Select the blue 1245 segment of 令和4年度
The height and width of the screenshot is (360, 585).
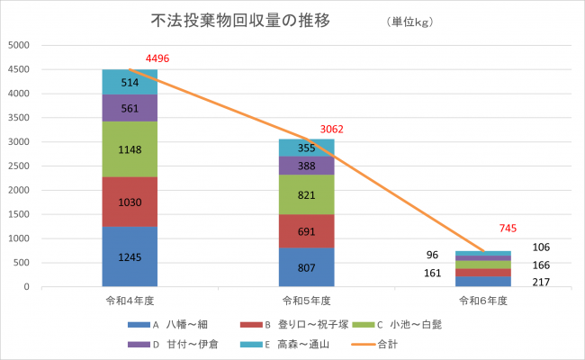(130, 256)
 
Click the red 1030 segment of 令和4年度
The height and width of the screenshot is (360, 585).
(130, 202)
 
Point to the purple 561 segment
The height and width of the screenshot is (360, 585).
(130, 108)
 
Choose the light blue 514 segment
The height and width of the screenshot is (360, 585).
(130, 82)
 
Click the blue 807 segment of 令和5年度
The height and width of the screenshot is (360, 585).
(306, 267)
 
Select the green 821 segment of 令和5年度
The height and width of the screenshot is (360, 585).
(306, 194)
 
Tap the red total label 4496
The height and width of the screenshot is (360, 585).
(157, 58)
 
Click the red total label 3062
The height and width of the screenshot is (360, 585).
(333, 130)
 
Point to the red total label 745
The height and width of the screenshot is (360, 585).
(508, 229)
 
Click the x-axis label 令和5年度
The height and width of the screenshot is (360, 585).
(306, 300)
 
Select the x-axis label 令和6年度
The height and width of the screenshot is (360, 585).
(482, 300)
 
